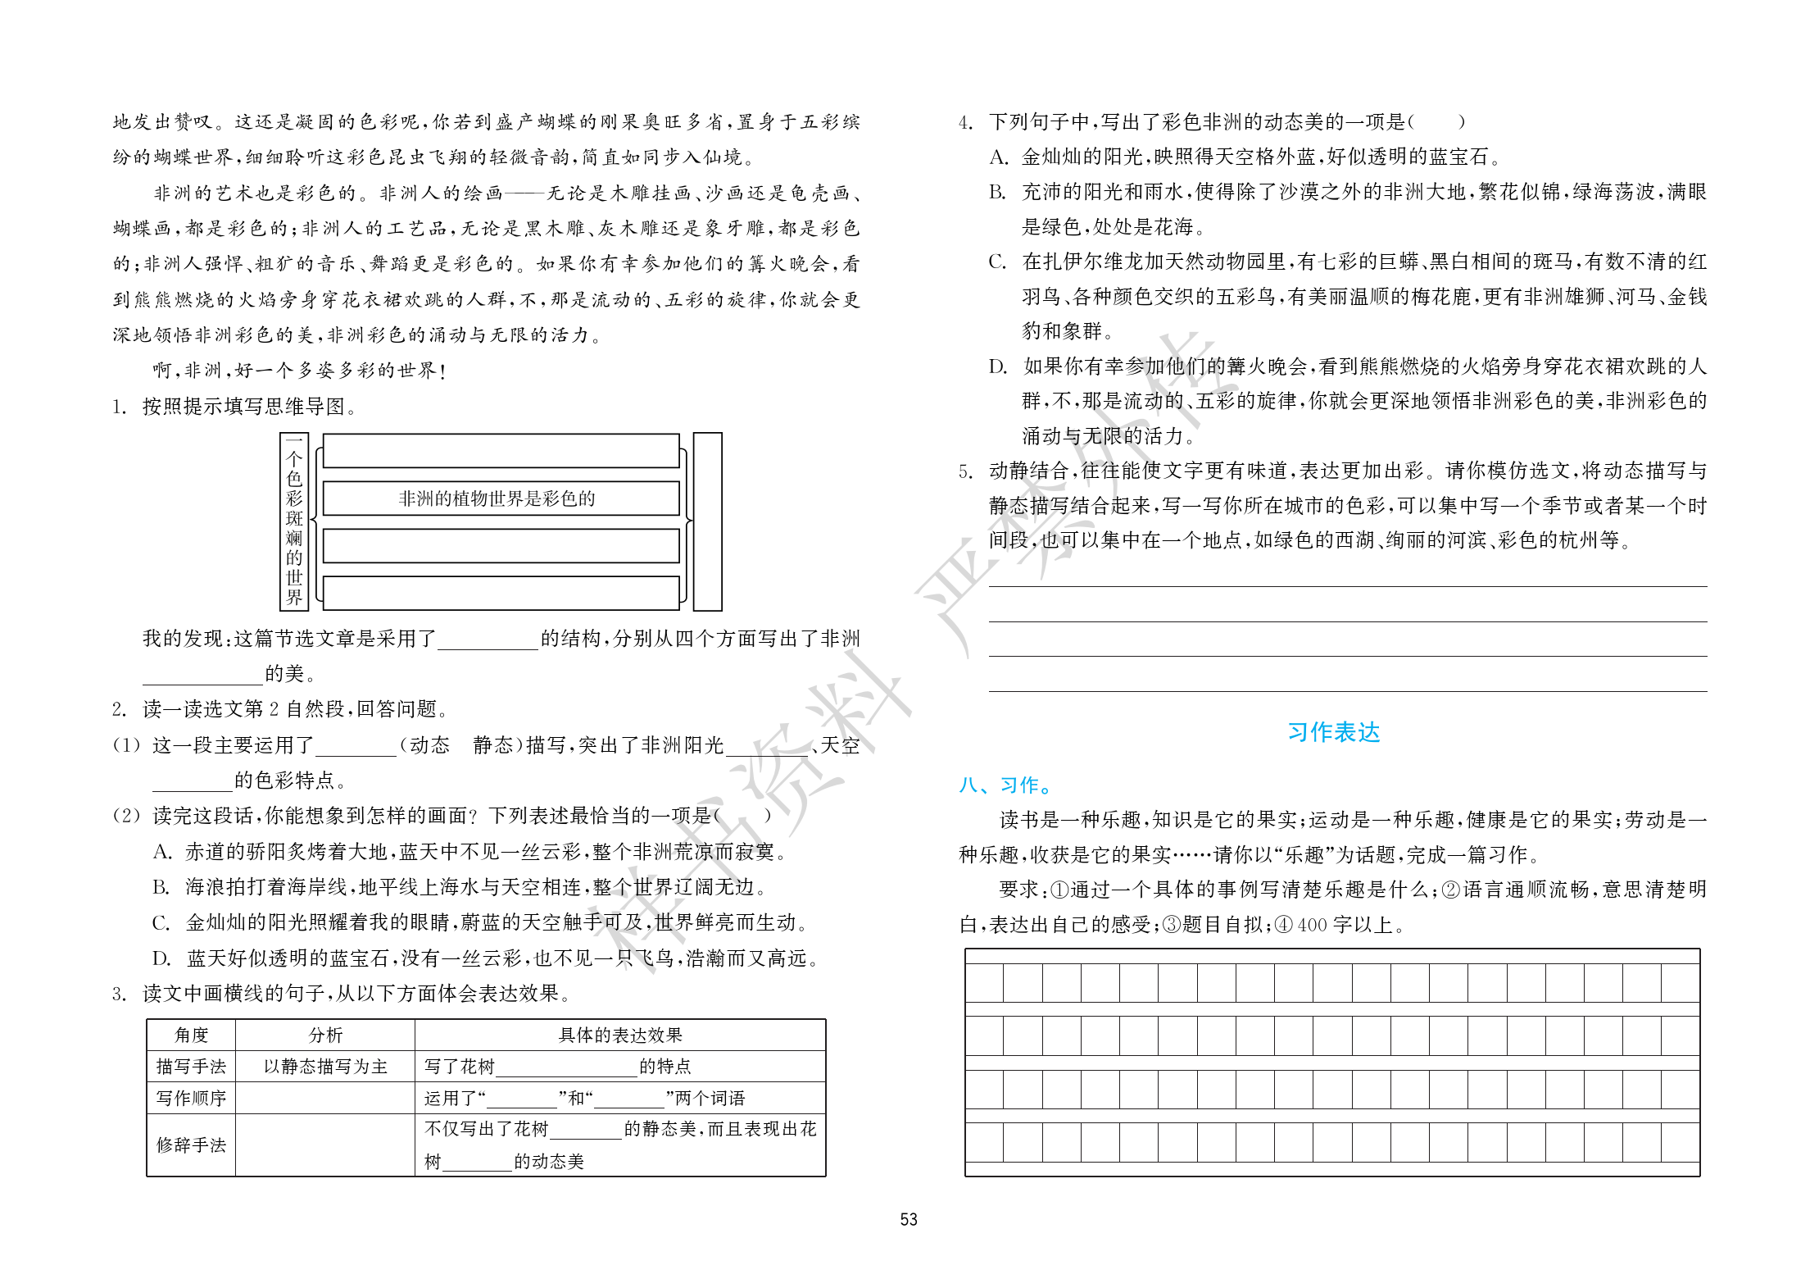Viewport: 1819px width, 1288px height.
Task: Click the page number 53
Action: point(908,1219)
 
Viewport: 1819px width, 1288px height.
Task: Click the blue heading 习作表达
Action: point(1333,731)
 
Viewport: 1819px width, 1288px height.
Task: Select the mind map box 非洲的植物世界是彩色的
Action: point(501,498)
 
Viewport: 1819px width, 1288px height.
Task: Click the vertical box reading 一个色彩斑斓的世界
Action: point(294,521)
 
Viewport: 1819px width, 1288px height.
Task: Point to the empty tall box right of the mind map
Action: point(707,521)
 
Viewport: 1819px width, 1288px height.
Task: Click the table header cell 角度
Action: point(191,1035)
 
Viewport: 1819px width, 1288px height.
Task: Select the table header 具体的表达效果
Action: point(619,1035)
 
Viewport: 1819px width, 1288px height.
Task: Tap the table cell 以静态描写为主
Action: point(325,1066)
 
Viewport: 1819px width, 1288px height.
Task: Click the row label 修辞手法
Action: point(191,1145)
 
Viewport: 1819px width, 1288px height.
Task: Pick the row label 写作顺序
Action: point(191,1098)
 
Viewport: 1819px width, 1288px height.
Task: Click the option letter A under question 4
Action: point(997,157)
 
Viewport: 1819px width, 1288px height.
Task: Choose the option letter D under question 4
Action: point(997,366)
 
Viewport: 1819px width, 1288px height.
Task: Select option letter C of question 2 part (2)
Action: point(161,923)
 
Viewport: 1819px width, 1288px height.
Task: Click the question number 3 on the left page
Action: point(119,994)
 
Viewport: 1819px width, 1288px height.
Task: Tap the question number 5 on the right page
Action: point(965,471)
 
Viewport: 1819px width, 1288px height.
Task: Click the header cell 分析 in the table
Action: point(325,1035)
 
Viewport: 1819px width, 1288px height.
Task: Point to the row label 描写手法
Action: point(191,1066)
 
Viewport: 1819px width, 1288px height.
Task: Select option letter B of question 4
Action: point(997,193)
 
